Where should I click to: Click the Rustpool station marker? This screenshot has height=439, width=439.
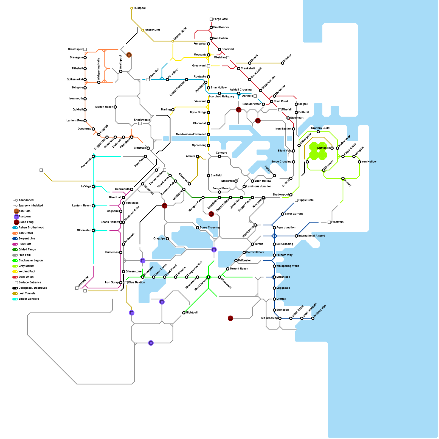[x=132, y=8]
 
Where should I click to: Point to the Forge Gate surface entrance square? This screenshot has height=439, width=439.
[x=211, y=19]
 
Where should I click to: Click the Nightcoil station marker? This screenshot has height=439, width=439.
[x=184, y=313]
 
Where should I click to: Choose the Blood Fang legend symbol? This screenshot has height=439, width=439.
[x=16, y=222]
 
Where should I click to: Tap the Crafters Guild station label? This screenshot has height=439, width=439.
[x=320, y=128]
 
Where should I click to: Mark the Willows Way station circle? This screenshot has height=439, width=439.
[x=313, y=318]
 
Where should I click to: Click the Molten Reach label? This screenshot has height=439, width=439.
[x=104, y=107]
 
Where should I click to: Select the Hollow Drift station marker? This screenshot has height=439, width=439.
[x=143, y=30]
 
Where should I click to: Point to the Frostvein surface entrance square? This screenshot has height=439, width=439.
[x=329, y=222]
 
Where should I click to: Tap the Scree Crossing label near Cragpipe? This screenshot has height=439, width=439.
[x=209, y=227]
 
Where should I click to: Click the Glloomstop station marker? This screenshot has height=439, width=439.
[x=93, y=230]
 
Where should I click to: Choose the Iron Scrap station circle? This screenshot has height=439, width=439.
[x=121, y=283]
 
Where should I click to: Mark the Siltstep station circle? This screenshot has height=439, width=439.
[x=283, y=63]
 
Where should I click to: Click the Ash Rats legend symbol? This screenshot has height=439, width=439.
[x=16, y=211]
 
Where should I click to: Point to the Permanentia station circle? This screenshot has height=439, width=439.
[x=93, y=156]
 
